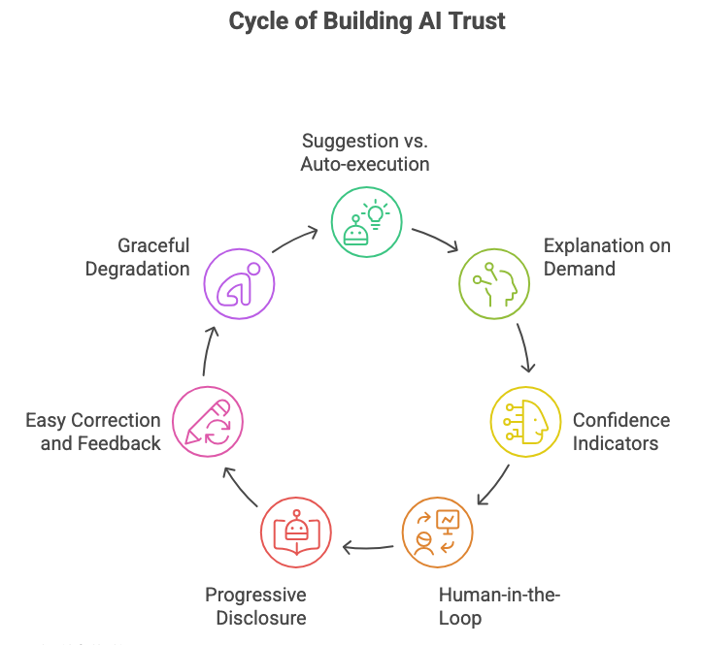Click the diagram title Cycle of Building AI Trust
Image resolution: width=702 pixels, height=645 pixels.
tap(366, 21)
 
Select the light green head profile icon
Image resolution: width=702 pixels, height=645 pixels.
tap(494, 282)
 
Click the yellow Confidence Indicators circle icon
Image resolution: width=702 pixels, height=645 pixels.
tap(524, 422)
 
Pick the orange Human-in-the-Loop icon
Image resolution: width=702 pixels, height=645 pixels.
tap(438, 532)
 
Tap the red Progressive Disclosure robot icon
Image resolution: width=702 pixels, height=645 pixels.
tap(296, 531)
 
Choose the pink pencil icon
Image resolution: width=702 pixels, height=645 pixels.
tap(208, 423)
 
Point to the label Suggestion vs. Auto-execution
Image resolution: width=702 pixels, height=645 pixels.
tap(365, 152)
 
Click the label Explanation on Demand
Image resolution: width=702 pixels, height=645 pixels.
tap(607, 256)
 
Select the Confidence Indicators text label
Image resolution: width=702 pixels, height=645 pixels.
tap(620, 432)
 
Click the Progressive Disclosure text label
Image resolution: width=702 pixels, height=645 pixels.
tap(255, 606)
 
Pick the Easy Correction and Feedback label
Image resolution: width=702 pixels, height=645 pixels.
tap(93, 432)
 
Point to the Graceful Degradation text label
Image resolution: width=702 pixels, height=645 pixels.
tap(138, 256)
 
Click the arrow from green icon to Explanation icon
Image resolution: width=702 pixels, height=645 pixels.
tap(434, 241)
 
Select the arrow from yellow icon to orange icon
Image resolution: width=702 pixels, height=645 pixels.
tap(494, 484)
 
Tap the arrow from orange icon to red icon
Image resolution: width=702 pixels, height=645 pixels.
tap(368, 548)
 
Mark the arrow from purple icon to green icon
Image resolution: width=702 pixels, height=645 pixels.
tap(295, 240)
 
